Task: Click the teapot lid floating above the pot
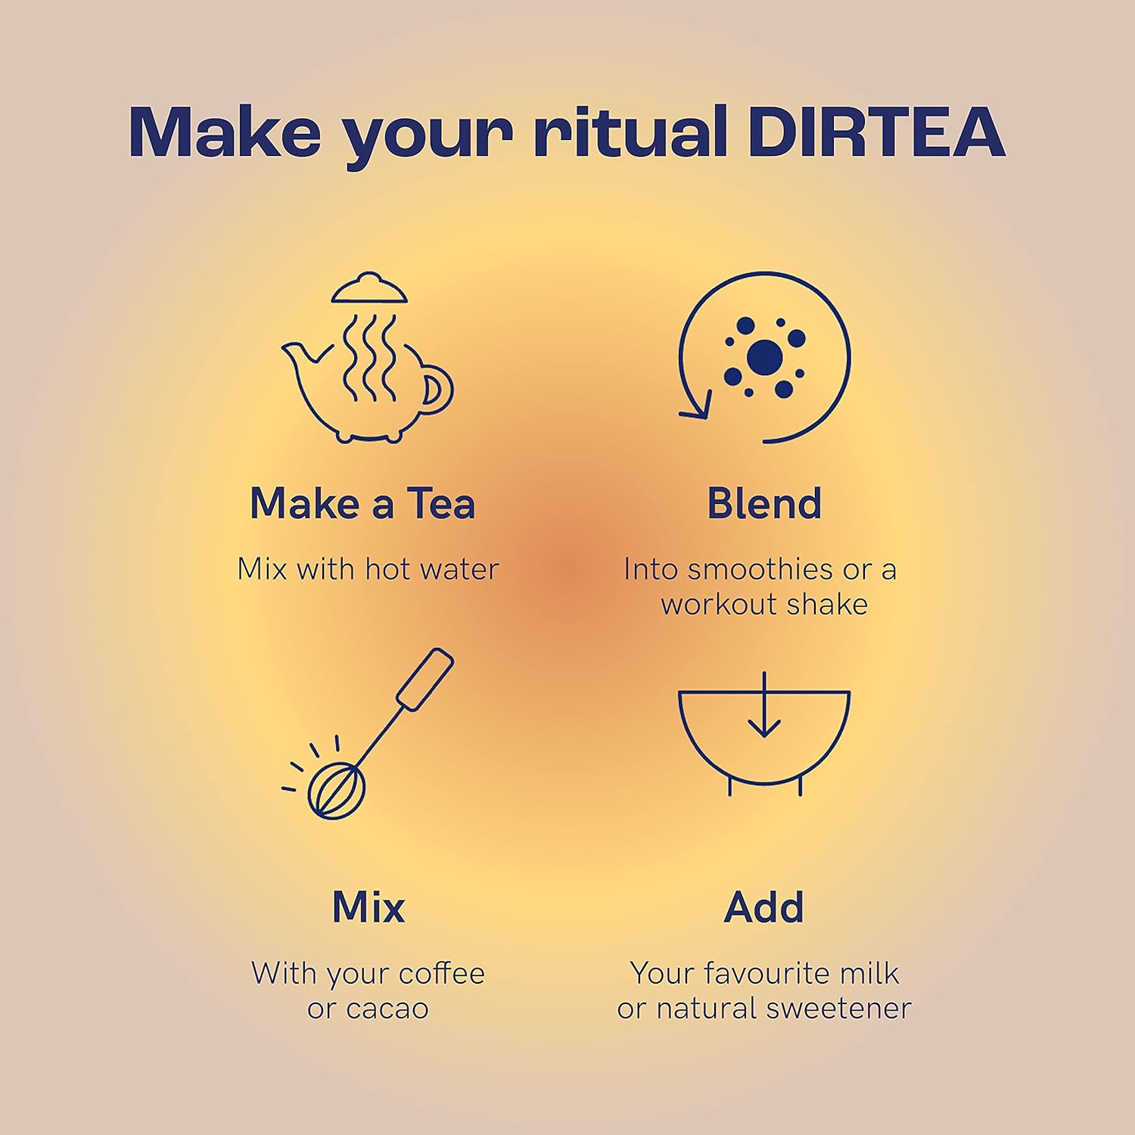coord(369,290)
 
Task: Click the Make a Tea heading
coord(362,504)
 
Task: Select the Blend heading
coord(764,504)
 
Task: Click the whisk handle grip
coord(425,679)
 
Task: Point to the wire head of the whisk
coord(336,790)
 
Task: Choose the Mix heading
coord(368,906)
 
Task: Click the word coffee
coord(442,973)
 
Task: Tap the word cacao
coord(387,1009)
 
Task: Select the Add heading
coord(763,906)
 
